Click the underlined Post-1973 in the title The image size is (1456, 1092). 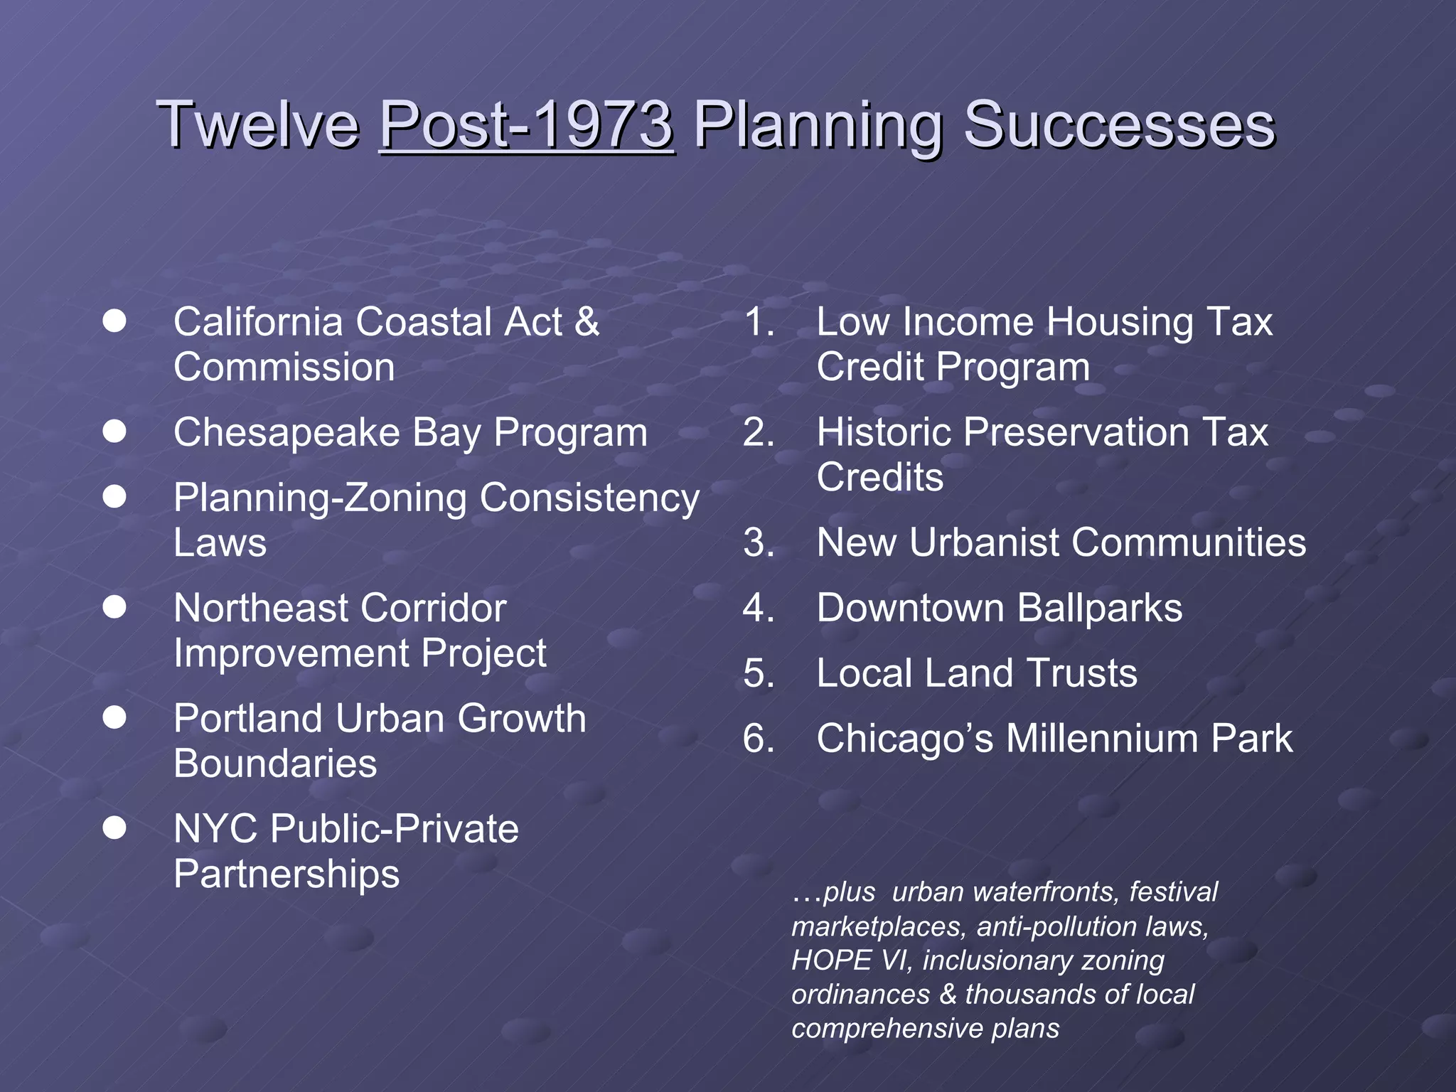coord(527,124)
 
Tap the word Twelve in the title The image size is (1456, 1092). coord(258,124)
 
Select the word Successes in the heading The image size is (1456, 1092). coord(1119,124)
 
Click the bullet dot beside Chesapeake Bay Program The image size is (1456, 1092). coord(114,431)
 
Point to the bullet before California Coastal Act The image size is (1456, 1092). coord(114,321)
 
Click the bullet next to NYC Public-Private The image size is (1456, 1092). coord(114,828)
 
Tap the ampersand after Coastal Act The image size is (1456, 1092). coord(587,321)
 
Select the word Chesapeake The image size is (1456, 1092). coord(287,432)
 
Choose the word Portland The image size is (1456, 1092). coord(249,718)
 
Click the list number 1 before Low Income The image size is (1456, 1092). coord(758,321)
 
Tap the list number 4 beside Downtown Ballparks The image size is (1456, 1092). coord(758,608)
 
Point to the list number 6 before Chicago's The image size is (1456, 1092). coord(758,738)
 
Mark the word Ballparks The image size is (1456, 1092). coord(1099,608)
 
